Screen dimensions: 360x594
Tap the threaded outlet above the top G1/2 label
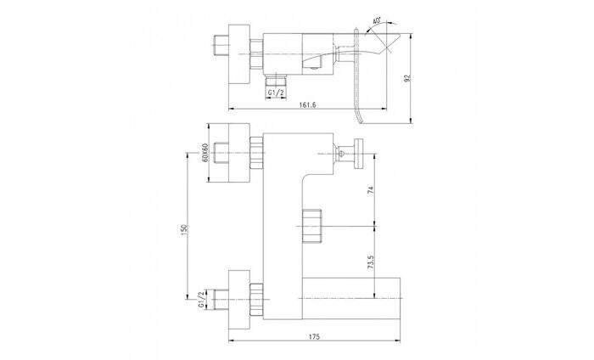click(277, 77)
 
